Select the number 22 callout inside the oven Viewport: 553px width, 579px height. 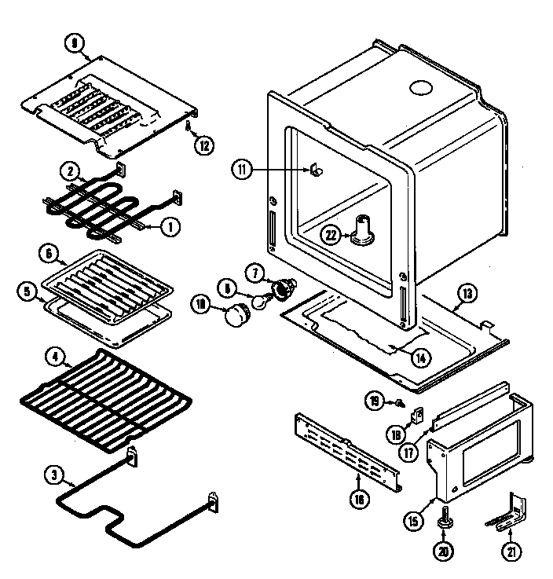pyautogui.click(x=333, y=234)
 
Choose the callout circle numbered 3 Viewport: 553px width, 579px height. pyautogui.click(x=54, y=475)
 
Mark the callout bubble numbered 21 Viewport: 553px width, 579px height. pyautogui.click(x=512, y=552)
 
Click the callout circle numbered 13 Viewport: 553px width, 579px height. pyautogui.click(x=467, y=293)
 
